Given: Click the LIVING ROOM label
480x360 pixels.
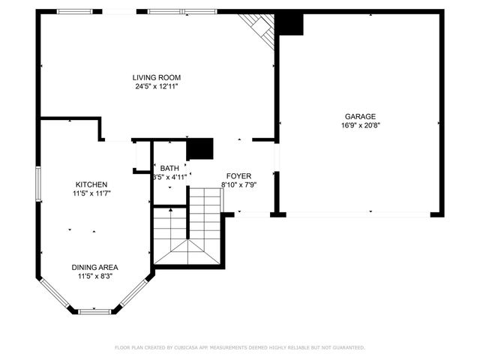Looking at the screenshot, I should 156,77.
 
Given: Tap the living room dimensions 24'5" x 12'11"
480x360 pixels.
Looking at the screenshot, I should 156,86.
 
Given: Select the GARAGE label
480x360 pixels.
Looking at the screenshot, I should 360,116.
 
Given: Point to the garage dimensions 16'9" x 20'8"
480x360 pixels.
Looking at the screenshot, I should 360,125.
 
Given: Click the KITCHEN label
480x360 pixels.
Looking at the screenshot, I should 91,184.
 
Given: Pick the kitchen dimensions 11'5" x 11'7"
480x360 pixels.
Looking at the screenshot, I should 91,193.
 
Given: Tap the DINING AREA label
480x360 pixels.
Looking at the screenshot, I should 94,267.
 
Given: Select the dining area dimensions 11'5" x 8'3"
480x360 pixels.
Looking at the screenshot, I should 94,276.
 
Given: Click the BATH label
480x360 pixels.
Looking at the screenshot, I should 169,168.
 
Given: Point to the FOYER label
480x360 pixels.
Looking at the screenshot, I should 238,175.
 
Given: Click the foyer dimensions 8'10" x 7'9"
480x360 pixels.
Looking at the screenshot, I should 238,184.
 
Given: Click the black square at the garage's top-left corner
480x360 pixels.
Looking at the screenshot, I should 289,24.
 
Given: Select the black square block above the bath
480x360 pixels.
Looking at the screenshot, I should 199,149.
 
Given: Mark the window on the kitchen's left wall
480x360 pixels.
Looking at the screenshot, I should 38,184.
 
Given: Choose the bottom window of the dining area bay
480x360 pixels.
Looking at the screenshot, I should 94,310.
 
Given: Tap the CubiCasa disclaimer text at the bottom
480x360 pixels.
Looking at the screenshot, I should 239,347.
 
